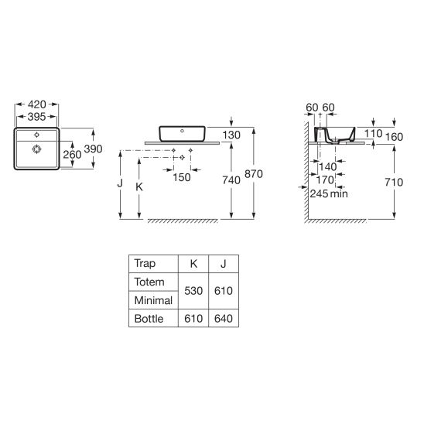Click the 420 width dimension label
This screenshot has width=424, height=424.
36,104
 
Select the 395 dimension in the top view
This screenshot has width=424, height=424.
36,117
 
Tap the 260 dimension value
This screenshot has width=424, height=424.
72,155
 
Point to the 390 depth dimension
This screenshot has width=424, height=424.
93,149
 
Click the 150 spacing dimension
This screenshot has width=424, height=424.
182,177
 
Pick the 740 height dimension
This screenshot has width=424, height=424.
231,180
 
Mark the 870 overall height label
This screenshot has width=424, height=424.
254,174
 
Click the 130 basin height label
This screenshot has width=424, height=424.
231,135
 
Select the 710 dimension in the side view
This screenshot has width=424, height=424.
394,183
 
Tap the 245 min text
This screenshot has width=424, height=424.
329,193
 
